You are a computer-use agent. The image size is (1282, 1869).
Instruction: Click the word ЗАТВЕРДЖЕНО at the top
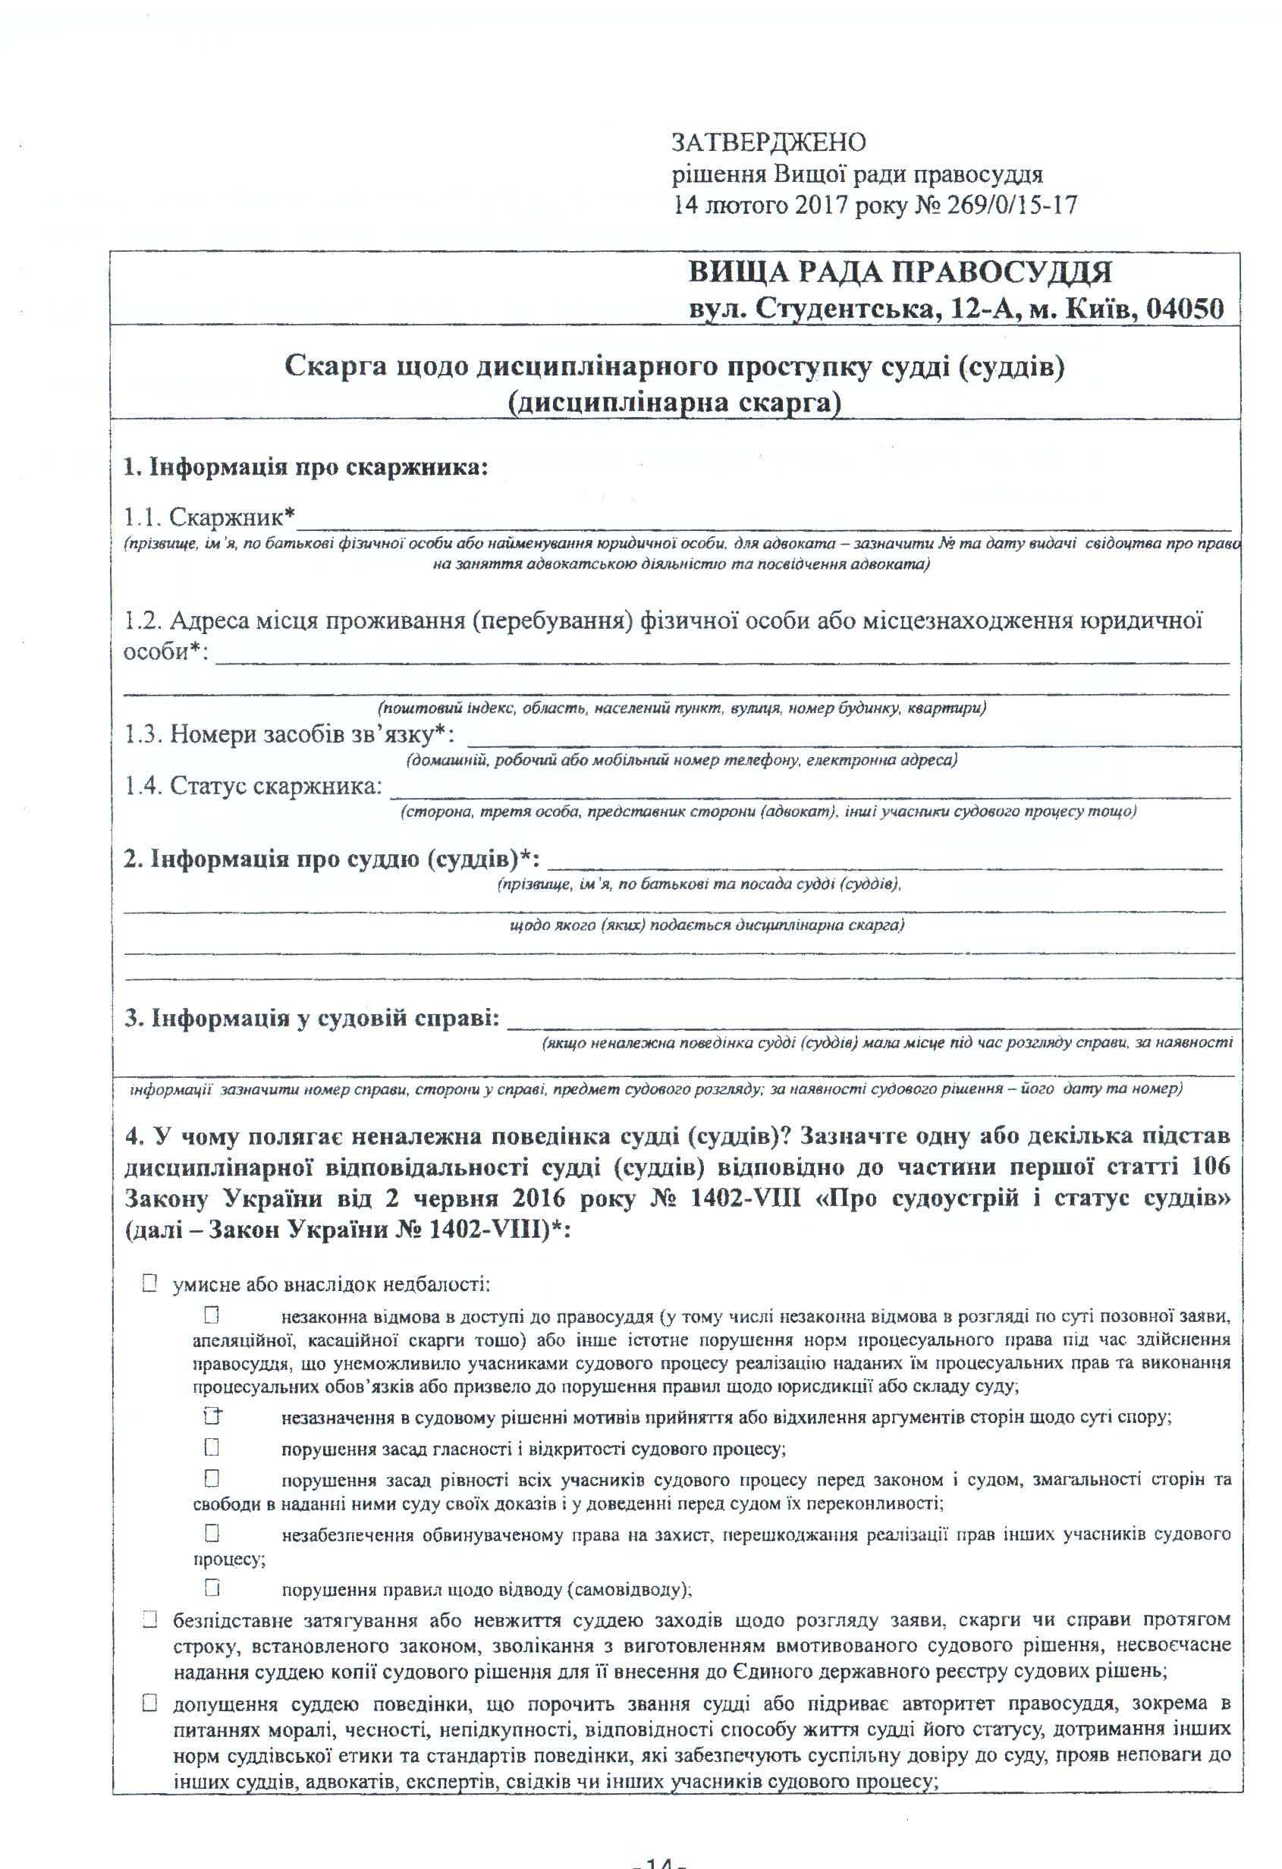(x=769, y=143)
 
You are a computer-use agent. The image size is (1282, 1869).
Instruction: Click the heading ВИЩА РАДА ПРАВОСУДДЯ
(x=900, y=273)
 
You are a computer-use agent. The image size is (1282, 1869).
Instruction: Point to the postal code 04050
(x=1184, y=309)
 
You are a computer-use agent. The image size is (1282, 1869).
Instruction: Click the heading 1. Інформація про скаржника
(x=306, y=467)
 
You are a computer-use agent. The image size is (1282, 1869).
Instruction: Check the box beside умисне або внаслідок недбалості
(x=149, y=1284)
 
